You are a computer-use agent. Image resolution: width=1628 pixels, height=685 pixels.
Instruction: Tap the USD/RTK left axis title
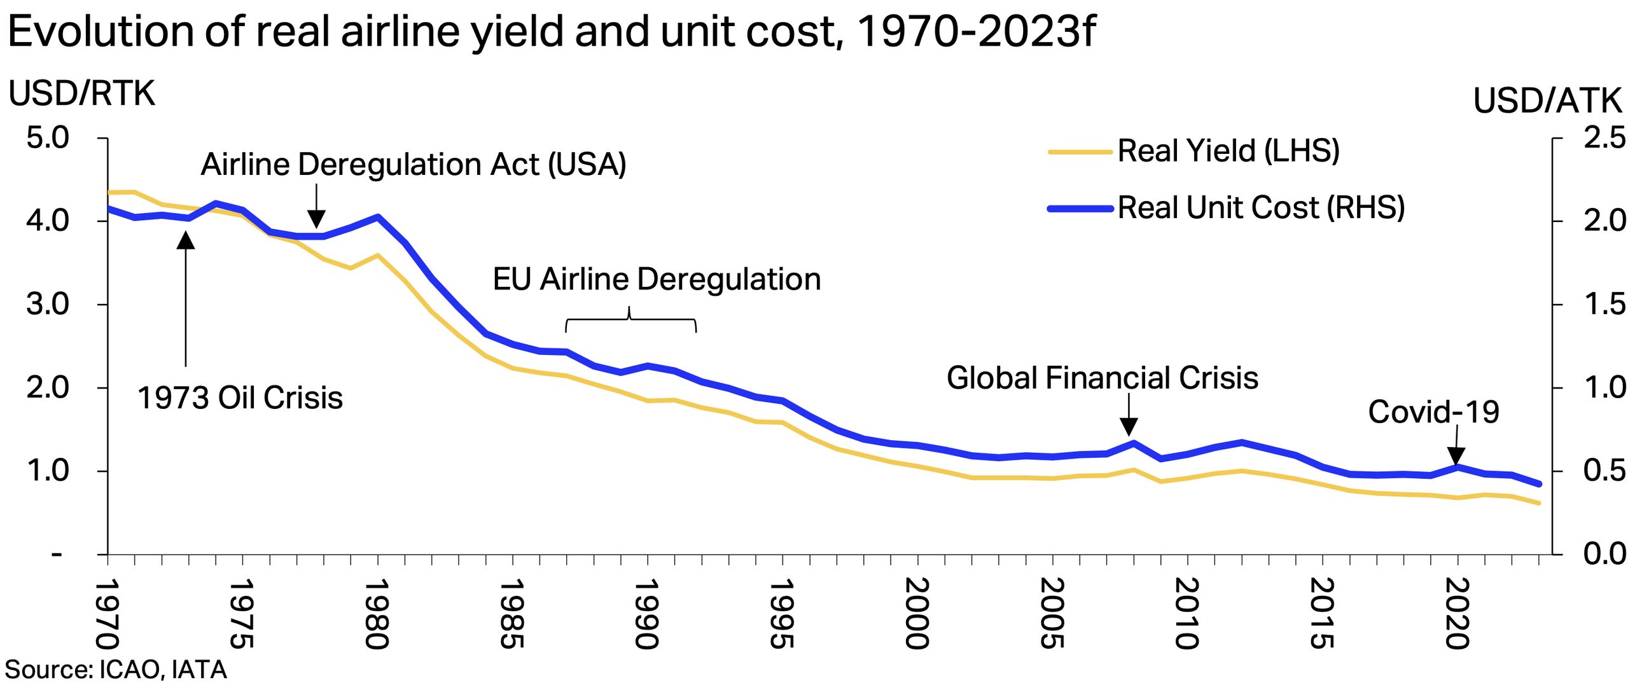(x=81, y=93)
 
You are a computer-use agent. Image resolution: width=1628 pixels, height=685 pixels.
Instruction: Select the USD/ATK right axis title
(x=1547, y=100)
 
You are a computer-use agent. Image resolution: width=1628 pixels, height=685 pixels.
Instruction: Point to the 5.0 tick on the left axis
(x=48, y=137)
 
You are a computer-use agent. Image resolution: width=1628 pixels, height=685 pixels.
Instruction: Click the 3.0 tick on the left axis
(x=48, y=304)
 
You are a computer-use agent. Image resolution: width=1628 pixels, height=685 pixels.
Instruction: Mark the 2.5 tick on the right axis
(x=1604, y=137)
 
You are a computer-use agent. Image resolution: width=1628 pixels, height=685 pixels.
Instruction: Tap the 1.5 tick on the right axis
(x=1604, y=304)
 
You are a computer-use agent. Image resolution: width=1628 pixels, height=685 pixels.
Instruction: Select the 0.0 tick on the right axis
(x=1604, y=554)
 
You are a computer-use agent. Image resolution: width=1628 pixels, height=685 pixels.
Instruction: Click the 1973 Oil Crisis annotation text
(x=240, y=398)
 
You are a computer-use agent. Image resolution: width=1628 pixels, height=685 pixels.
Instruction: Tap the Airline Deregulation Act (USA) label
(x=414, y=164)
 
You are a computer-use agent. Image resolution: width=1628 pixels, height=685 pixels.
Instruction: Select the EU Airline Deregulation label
(x=657, y=279)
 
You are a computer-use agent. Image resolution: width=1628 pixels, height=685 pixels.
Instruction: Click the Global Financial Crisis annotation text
(x=1102, y=378)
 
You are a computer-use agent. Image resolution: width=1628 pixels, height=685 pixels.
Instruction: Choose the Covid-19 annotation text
(x=1433, y=412)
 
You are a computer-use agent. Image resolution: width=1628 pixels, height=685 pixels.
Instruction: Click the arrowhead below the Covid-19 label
(x=1456, y=456)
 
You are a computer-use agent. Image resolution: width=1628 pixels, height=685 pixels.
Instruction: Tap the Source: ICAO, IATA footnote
(x=116, y=670)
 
